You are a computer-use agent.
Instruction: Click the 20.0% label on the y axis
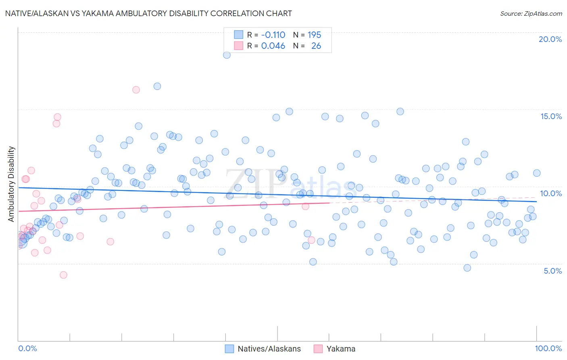click(x=550, y=39)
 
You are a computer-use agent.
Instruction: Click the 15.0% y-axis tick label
click(x=551, y=116)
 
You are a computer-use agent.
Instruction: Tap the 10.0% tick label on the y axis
click(x=551, y=193)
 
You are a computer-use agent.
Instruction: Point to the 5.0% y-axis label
click(x=552, y=271)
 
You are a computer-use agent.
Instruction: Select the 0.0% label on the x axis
click(x=27, y=348)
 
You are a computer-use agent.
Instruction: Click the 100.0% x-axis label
click(x=548, y=348)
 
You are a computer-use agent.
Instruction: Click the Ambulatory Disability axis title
click(x=11, y=184)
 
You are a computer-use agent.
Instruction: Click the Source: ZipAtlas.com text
click(x=531, y=13)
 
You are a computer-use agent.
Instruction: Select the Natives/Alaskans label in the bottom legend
click(x=269, y=349)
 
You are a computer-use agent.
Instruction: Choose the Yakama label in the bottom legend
click(x=341, y=349)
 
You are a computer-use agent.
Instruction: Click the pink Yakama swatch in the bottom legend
click(x=318, y=349)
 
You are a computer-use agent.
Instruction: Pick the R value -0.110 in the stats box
click(x=273, y=35)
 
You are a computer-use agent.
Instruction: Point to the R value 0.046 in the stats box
click(x=273, y=46)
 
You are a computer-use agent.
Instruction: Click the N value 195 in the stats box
click(x=315, y=35)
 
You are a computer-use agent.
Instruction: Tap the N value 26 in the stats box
click(x=316, y=46)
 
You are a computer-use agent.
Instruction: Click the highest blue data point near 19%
click(x=227, y=55)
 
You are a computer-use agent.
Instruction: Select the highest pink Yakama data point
click(x=136, y=90)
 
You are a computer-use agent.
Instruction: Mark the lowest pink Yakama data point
click(x=63, y=275)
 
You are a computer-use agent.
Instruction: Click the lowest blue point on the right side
click(x=467, y=268)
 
